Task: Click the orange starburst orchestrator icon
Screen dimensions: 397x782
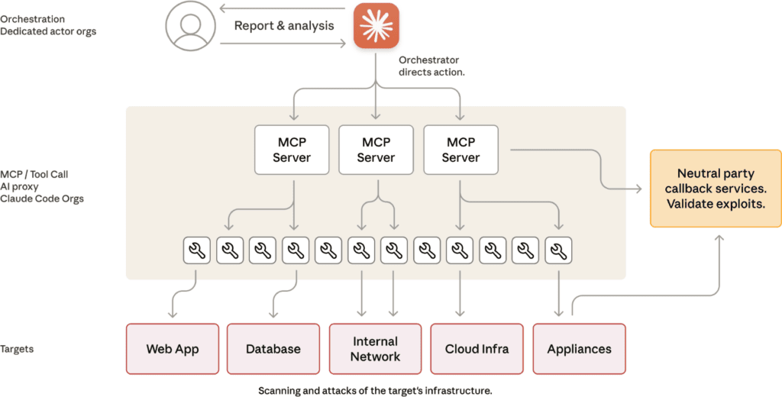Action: coord(376,25)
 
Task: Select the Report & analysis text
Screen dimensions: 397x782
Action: coord(284,25)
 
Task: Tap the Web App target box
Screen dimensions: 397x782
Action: coord(173,349)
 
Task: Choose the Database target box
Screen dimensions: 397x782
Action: coord(273,349)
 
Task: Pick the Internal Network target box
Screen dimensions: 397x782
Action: coord(376,349)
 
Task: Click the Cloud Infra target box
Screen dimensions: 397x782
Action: coord(477,349)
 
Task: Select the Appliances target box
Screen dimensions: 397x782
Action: coord(579,349)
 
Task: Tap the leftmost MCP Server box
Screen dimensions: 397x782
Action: coord(292,150)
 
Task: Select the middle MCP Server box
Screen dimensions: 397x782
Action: coord(376,150)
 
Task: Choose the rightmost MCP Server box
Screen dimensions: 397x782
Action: coord(460,150)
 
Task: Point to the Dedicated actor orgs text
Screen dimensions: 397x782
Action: coord(48,31)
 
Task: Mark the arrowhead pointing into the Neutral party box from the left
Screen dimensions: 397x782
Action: coord(643,189)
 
